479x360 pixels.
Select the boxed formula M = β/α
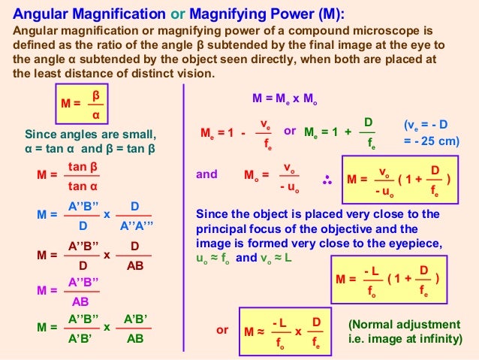click(x=84, y=106)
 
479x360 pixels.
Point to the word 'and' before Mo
click(x=206, y=174)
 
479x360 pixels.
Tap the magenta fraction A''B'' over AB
click(x=84, y=291)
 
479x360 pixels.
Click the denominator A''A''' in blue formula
click(x=134, y=223)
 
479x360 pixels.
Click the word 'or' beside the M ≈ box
click(x=222, y=330)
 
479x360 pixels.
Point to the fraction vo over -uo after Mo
click(x=288, y=176)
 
